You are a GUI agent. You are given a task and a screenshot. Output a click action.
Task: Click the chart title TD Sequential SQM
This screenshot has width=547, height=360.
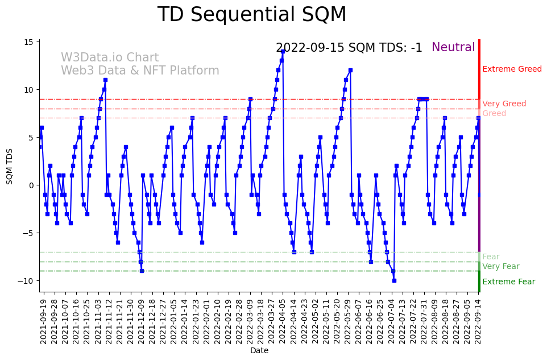252,15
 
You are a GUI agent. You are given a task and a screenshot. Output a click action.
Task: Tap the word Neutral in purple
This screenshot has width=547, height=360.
453,48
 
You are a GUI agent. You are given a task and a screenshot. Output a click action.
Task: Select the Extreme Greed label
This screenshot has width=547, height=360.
512,69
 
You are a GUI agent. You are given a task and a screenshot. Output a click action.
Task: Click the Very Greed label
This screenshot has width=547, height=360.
504,104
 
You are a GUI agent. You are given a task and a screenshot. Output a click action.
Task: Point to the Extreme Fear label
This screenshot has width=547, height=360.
508,282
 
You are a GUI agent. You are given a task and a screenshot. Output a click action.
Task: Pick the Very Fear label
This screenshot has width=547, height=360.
500,267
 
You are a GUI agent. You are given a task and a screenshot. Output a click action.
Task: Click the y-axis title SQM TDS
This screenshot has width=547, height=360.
10,165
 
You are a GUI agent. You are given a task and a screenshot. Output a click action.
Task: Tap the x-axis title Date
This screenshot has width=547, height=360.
259,351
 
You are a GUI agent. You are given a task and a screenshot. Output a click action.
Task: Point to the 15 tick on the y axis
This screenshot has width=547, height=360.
28,42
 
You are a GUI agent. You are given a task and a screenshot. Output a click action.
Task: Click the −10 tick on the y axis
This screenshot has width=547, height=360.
26,281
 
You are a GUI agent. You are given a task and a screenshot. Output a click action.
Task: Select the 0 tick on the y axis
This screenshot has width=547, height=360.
31,185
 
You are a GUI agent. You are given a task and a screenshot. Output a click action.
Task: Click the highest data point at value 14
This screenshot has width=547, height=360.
283,51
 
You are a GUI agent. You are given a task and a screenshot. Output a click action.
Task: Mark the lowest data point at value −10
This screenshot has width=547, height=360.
394,280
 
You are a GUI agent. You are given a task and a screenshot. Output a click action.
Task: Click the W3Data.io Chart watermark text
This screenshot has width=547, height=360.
110,58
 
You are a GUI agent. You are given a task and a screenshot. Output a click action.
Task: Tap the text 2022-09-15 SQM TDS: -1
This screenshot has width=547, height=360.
349,48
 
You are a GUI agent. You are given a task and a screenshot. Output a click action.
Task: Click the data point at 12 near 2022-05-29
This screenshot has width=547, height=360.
350,71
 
